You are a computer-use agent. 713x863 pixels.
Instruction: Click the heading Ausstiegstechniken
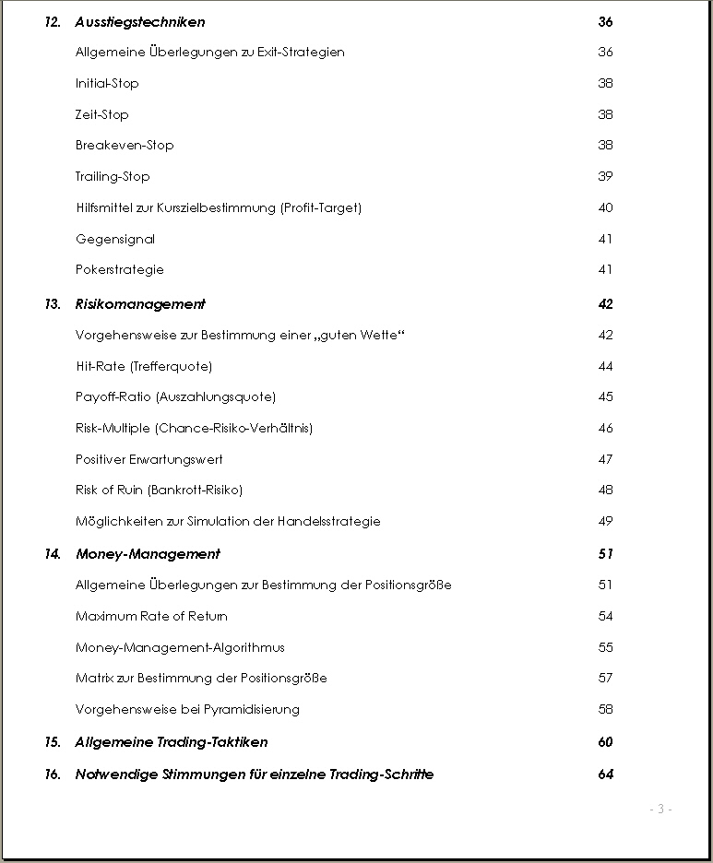pos(140,22)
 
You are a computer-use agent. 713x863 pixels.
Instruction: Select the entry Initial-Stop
pos(107,84)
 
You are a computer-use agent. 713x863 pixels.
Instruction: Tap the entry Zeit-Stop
pos(102,115)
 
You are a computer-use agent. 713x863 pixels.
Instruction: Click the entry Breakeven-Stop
pos(125,146)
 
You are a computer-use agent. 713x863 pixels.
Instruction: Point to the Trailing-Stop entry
pos(113,177)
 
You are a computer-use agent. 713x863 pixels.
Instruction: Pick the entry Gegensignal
pos(115,240)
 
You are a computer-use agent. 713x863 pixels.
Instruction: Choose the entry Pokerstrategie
pos(120,270)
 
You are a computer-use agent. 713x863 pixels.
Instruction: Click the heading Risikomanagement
pos(140,304)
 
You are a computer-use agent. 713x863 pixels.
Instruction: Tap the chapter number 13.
pos(52,304)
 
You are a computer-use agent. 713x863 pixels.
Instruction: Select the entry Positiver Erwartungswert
pos(149,459)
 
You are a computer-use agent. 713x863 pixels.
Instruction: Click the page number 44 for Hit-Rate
pos(605,367)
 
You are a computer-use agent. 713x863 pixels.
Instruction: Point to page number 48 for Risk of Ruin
pos(605,491)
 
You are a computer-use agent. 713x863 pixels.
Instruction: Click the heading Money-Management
pos(148,554)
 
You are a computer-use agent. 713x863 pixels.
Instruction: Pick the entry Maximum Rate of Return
pos(151,617)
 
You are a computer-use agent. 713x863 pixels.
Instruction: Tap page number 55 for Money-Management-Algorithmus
pos(605,648)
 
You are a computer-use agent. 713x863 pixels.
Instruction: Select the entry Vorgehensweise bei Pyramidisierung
pos(187,710)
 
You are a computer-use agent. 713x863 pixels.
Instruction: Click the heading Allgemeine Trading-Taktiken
pos(172,742)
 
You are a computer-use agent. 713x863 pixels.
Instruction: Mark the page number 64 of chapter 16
pos(605,774)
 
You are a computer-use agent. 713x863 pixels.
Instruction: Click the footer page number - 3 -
pos(660,810)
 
